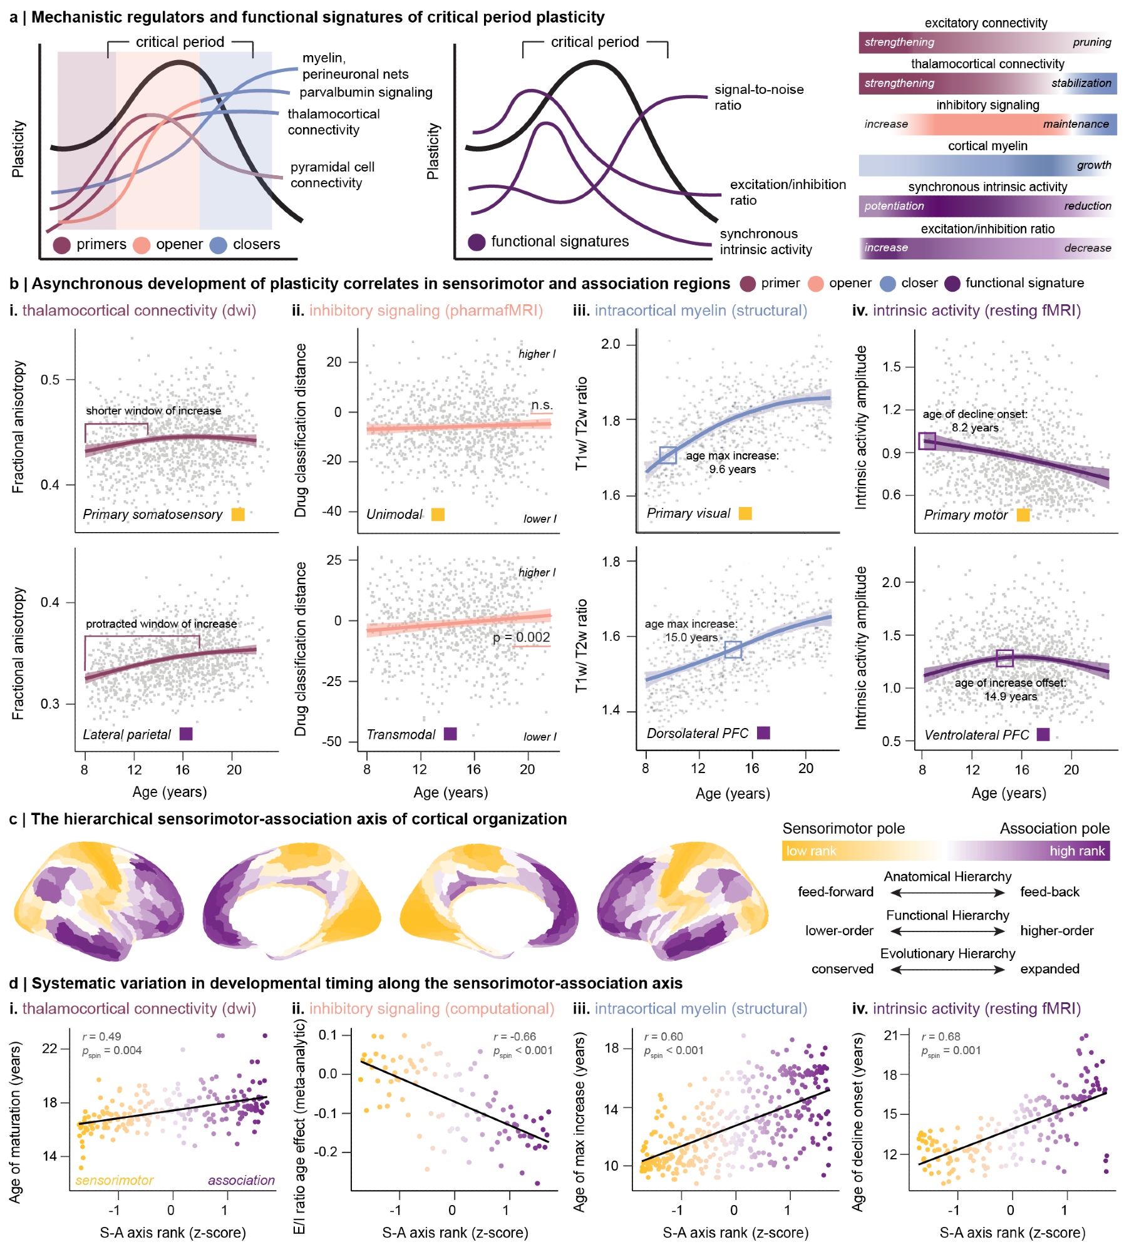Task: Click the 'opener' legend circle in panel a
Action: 142,245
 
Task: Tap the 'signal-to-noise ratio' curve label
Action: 758,97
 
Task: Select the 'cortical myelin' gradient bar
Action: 987,165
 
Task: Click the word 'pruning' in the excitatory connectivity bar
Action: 1091,43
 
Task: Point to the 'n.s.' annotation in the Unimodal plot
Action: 542,405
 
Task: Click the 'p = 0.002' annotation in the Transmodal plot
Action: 521,637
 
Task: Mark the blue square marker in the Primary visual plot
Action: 668,455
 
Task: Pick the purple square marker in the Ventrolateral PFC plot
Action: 1004,658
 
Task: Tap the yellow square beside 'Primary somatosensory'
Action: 238,515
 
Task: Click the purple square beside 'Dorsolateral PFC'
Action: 763,733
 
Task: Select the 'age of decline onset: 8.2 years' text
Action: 974,421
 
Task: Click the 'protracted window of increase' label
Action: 161,624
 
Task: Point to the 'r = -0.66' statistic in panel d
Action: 514,1037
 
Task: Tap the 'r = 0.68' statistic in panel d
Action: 941,1037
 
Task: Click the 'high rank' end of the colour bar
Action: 1077,851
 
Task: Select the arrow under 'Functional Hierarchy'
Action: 947,931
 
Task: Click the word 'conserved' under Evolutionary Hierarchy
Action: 842,969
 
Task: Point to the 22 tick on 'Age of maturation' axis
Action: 50,1048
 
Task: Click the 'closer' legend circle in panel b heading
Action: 888,284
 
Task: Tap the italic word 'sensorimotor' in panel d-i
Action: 114,1180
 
